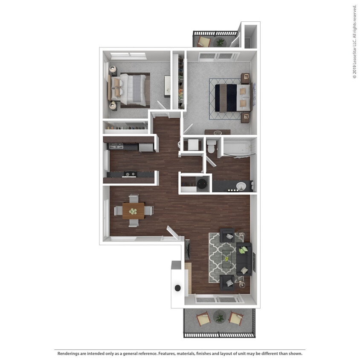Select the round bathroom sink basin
click(241, 186)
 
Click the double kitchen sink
click(116, 146)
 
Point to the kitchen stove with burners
click(129, 174)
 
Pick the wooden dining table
click(133, 210)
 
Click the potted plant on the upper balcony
click(220, 42)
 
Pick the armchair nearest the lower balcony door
click(227, 282)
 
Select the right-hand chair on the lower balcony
click(235, 318)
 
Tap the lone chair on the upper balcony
click(204, 41)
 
